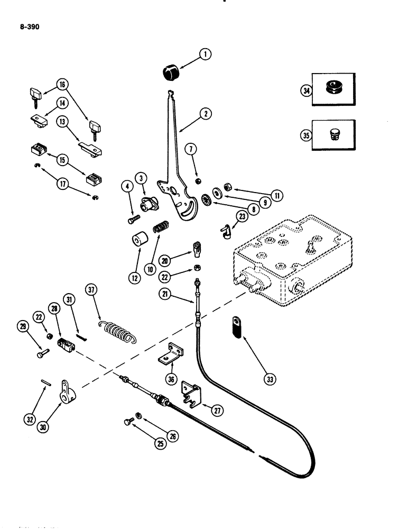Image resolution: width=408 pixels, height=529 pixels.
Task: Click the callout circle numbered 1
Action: (205, 53)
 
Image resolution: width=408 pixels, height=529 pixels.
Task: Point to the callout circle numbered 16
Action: (62, 84)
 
